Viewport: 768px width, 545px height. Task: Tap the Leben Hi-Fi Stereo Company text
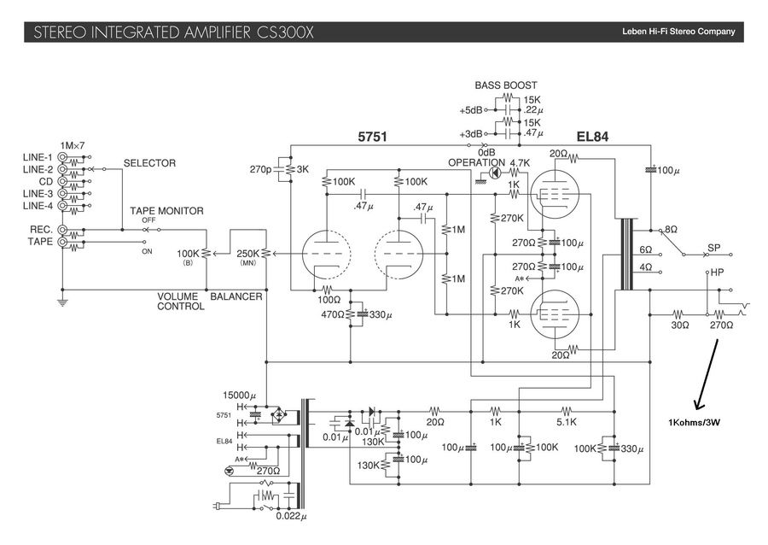[x=678, y=32]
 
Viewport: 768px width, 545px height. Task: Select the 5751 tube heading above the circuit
[x=373, y=137]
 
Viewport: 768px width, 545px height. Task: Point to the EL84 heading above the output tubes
[x=592, y=137]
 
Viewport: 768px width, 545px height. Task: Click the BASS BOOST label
[x=506, y=85]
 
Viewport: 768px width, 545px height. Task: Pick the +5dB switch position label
[x=470, y=111]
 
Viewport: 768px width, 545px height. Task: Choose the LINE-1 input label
[x=38, y=158]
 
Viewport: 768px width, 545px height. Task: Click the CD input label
[x=45, y=182]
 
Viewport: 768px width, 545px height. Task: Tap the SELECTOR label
[x=149, y=163]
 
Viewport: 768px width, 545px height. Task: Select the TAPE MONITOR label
[x=166, y=211]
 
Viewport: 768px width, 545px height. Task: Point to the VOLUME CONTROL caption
[x=179, y=302]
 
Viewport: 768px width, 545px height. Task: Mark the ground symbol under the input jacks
[x=62, y=302]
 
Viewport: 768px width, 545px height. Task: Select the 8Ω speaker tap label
[x=671, y=230]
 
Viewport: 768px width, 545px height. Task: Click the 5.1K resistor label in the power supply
[x=567, y=422]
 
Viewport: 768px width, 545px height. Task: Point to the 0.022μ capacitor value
[x=291, y=515]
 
